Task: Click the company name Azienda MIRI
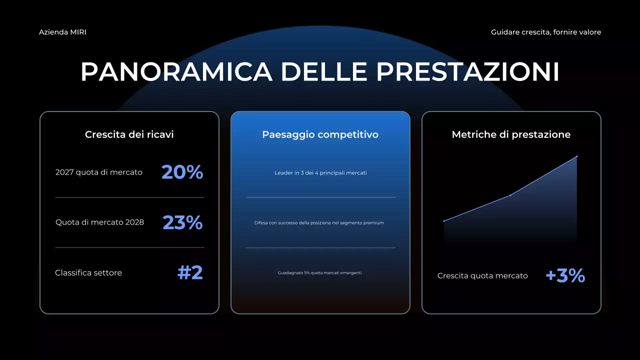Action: point(62,32)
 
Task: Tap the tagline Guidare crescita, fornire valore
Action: point(546,32)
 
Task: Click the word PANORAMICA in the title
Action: point(176,72)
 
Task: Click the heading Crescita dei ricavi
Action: point(129,134)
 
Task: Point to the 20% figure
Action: point(182,172)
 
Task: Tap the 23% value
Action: point(182,222)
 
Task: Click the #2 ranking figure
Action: point(190,272)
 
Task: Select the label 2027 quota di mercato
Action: point(99,172)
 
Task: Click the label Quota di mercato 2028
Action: point(99,222)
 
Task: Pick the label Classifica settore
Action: point(88,273)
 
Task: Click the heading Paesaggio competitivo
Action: point(320,134)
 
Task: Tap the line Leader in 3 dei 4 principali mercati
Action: point(320,173)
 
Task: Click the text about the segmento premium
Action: point(319,223)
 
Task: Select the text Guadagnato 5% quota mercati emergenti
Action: point(319,273)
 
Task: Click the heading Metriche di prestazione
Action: point(511,134)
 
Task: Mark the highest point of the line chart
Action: point(576,156)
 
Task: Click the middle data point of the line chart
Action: point(510,195)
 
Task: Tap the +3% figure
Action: point(565,275)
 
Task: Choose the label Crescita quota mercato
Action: point(482,276)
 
